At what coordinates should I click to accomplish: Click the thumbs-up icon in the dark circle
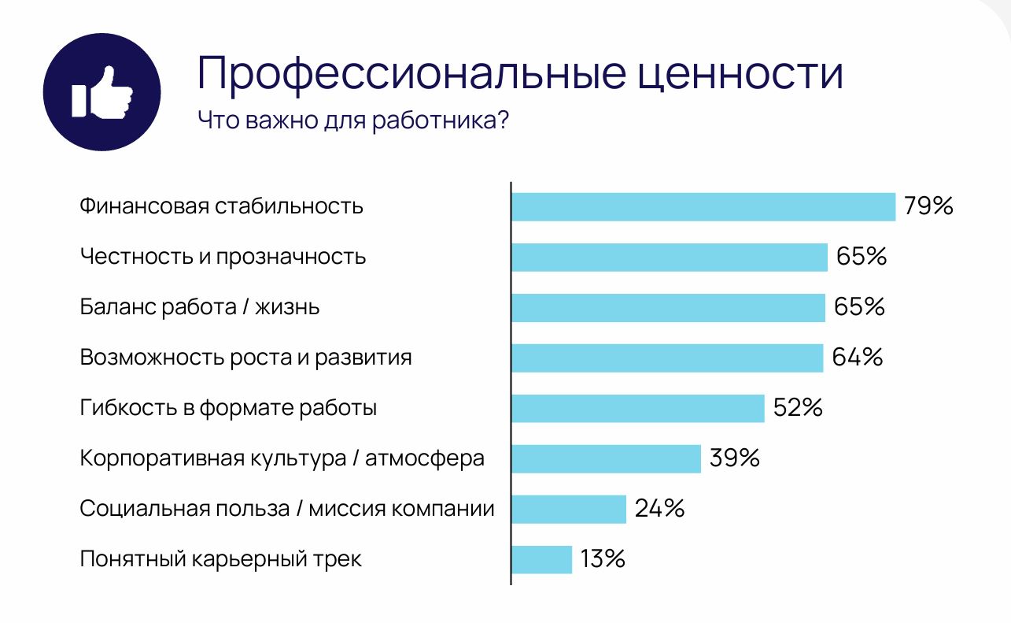click(101, 92)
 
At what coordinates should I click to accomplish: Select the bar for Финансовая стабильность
click(703, 207)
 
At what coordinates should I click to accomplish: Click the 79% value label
click(928, 206)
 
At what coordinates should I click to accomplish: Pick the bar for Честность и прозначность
click(669, 258)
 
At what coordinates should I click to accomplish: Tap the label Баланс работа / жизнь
click(200, 307)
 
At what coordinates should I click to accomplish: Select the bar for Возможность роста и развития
click(666, 358)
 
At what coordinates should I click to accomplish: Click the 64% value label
click(858, 358)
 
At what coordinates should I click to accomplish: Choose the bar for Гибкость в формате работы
click(637, 409)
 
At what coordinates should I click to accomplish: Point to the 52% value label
click(798, 408)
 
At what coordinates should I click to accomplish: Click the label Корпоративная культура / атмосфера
click(282, 458)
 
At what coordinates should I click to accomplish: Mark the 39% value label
click(734, 458)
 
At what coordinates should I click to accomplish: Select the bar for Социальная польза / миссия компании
click(568, 509)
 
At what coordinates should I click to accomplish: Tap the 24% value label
click(659, 509)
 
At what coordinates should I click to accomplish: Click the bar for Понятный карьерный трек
click(541, 560)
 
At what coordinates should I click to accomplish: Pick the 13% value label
click(603, 559)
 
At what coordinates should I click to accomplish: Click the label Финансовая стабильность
click(221, 207)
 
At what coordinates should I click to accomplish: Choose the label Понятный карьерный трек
click(221, 560)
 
